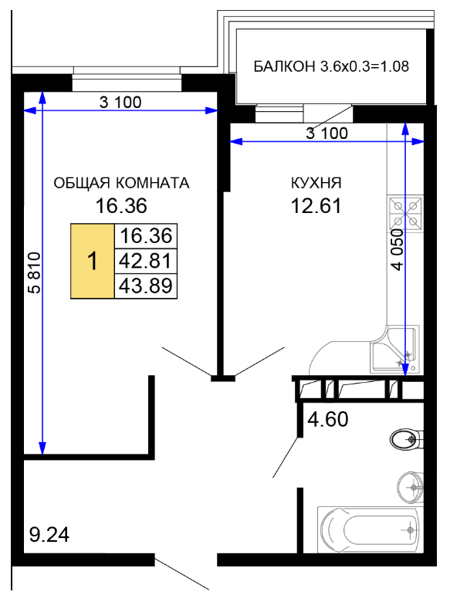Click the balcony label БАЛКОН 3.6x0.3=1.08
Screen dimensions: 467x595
coord(331,66)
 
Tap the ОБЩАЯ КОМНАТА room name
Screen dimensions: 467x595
coord(121,183)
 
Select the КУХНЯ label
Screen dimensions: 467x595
coord(316,183)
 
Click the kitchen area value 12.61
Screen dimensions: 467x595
coord(316,206)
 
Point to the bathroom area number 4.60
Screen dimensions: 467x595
coord(327,420)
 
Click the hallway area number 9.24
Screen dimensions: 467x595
coord(49,535)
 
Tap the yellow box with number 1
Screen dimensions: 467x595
coord(93,261)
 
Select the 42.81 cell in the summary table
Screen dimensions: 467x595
coord(146,261)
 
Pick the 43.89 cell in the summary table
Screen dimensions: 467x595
coord(146,286)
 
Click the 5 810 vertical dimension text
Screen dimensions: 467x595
coord(34,272)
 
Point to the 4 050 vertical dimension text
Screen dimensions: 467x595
coord(397,250)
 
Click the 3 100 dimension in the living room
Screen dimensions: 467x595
coord(120,102)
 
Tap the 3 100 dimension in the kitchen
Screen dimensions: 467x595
coord(327,134)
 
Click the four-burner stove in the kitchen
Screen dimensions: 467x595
coord(405,213)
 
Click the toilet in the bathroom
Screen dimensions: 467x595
coord(406,439)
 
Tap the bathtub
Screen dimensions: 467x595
coord(371,529)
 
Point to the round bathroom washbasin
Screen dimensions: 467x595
coord(411,487)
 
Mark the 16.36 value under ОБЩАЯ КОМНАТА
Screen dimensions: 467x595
coord(121,206)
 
